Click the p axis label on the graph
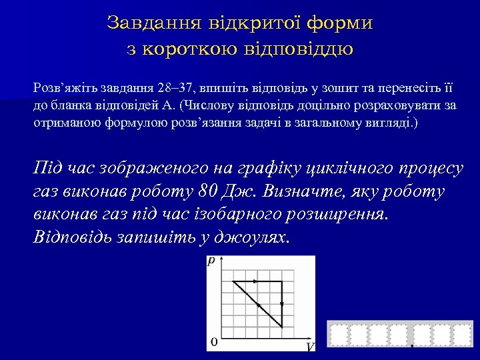pyautogui.click(x=211, y=262)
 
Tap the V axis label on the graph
pyautogui.click(x=310, y=347)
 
